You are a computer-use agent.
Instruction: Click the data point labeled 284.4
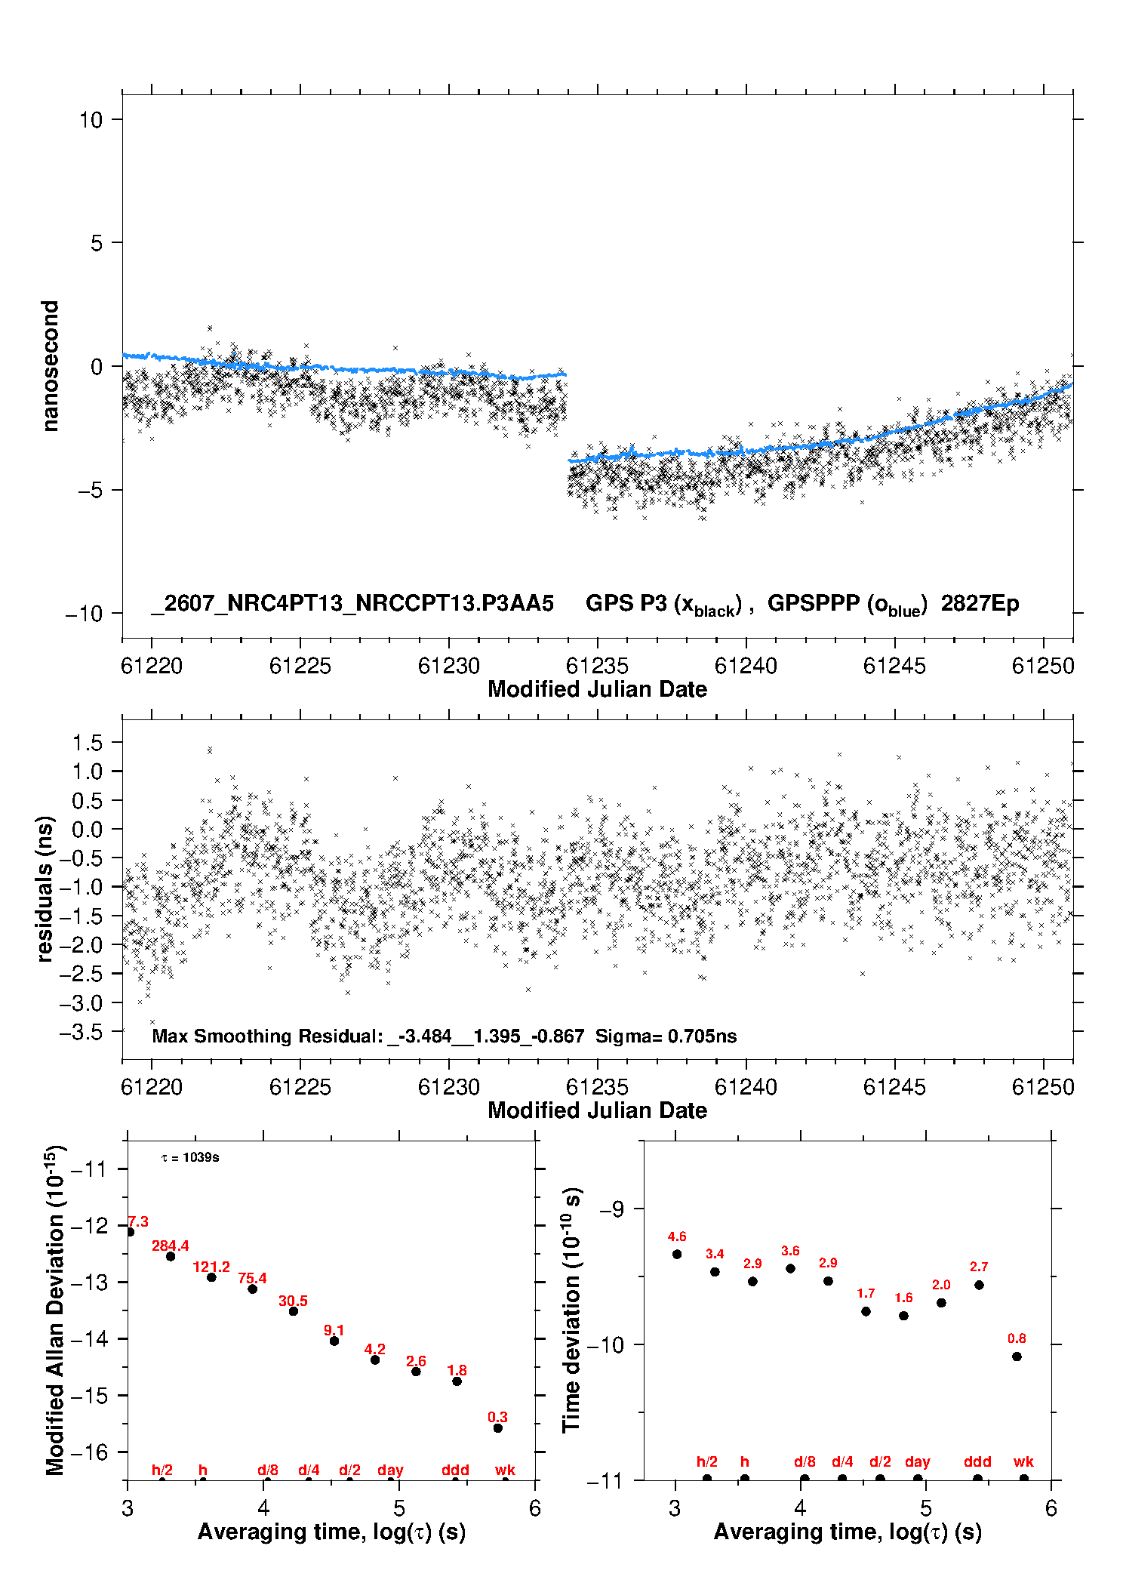[171, 1256]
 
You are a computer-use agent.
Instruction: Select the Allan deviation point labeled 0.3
[498, 1428]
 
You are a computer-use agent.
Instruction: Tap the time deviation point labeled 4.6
[677, 1254]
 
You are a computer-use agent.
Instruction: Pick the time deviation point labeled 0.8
[1017, 1357]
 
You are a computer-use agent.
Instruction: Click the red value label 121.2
[211, 1267]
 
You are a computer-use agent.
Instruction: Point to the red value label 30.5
[293, 1301]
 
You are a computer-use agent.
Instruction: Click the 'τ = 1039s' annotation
[190, 1157]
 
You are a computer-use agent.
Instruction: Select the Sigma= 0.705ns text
[666, 1036]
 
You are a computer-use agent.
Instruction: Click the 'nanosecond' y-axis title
[50, 366]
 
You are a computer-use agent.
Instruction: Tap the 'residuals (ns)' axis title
[45, 888]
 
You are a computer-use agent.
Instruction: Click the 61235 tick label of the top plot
[597, 666]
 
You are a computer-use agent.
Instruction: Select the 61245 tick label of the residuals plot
[894, 1087]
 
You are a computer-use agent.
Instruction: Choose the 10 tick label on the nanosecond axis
[91, 119]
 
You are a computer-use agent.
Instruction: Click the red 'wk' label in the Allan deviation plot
[505, 1470]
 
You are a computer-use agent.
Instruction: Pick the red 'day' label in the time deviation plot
[918, 1461]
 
